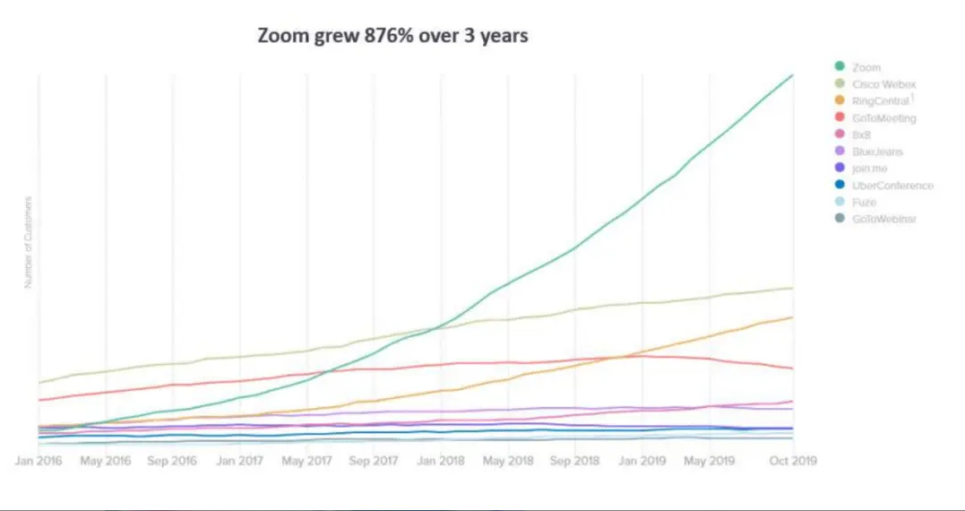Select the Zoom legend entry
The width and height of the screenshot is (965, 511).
coord(866,67)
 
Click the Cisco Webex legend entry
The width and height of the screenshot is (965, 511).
coord(883,84)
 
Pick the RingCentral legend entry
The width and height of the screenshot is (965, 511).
coord(880,101)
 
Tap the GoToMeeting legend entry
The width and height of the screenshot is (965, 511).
coord(883,118)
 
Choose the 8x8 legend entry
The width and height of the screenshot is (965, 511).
coord(863,134)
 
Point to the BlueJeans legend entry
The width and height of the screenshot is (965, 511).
coord(877,152)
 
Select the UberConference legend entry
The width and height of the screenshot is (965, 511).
coord(892,186)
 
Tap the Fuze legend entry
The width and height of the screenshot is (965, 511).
coord(864,202)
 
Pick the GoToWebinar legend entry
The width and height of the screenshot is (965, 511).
coord(883,219)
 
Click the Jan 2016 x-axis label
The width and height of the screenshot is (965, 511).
coord(39,461)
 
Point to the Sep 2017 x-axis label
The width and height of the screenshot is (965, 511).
coord(374,461)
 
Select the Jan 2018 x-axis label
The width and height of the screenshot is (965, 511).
coord(440,461)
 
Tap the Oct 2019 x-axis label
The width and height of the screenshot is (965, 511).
coord(793,461)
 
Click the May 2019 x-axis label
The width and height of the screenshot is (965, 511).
coord(709,461)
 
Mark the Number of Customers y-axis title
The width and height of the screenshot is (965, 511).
coord(28,242)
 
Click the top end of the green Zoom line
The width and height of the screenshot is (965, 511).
coord(793,74)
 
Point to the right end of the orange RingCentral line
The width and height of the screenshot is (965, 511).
coord(793,316)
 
